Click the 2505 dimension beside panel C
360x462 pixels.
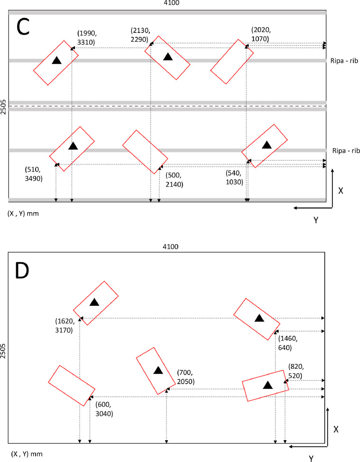tap(4, 107)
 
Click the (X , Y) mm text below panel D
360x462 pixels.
tap(23, 453)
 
